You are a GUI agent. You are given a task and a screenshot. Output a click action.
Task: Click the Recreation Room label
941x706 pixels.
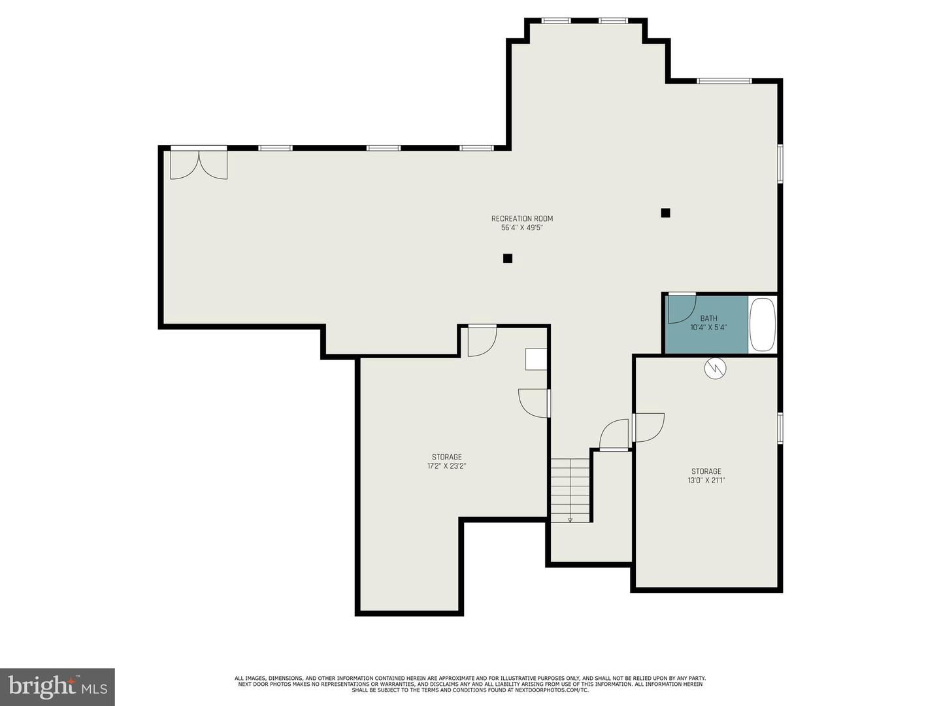[x=521, y=218]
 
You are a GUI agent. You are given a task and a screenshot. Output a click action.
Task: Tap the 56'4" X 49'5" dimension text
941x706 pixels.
[x=521, y=228]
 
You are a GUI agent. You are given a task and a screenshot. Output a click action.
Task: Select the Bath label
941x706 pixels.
[x=708, y=318]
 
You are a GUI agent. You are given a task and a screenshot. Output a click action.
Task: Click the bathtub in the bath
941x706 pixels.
[x=763, y=324]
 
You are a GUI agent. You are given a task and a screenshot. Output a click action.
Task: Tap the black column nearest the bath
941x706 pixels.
[x=665, y=212]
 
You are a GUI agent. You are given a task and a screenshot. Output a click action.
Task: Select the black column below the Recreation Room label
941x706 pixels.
[x=508, y=258]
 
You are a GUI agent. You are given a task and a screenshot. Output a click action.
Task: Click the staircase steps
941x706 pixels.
[x=570, y=490]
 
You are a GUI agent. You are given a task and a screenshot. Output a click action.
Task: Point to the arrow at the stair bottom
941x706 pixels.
[x=570, y=520]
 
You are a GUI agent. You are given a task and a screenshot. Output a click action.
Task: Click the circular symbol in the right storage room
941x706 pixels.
[x=715, y=368]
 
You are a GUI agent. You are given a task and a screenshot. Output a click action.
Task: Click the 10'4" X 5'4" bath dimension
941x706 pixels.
[x=708, y=328]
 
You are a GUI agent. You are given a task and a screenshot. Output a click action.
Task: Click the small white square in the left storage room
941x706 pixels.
[x=537, y=360]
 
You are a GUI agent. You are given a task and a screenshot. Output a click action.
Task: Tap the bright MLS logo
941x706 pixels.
[x=57, y=687]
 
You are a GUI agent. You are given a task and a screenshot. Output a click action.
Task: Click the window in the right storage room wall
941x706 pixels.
[x=780, y=428]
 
